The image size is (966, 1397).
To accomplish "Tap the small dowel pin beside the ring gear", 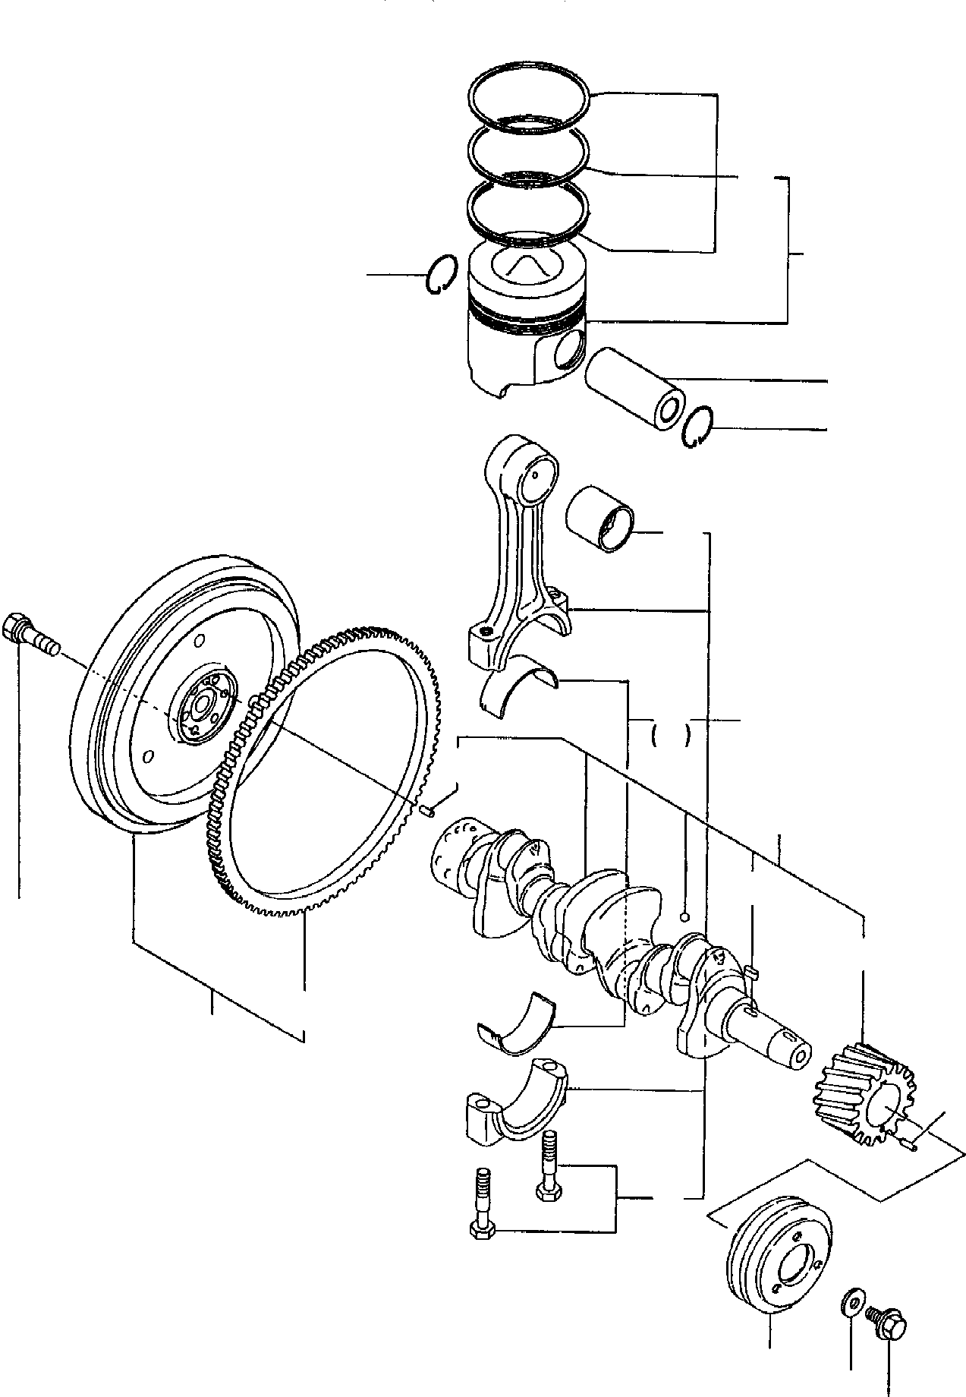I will point(427,812).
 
